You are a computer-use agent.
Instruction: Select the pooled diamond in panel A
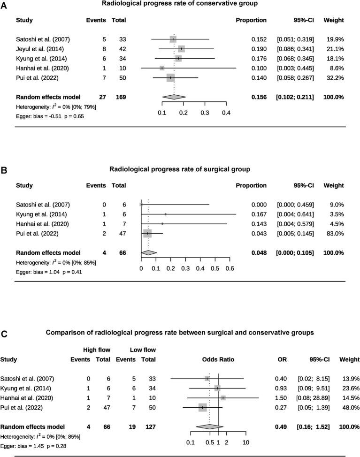pyautogui.click(x=174, y=97)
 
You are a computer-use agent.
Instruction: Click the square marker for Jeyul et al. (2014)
pyautogui.click(x=181, y=49)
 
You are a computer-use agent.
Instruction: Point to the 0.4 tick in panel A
pyautogui.click(x=226, y=113)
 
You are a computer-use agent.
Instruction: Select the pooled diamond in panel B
pyautogui.click(x=149, y=252)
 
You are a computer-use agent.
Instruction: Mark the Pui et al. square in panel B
pyautogui.click(x=147, y=233)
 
